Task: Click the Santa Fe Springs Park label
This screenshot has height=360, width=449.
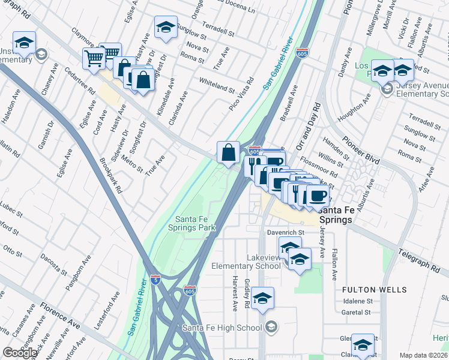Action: (x=195, y=223)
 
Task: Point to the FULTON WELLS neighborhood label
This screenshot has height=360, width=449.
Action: (x=366, y=290)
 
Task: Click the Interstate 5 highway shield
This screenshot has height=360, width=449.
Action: (x=155, y=280)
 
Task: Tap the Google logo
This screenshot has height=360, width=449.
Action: (x=20, y=353)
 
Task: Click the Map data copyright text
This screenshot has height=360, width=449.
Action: (x=423, y=355)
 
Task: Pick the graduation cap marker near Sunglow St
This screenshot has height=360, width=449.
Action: (x=166, y=27)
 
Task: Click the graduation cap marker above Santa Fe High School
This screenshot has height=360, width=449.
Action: (x=262, y=298)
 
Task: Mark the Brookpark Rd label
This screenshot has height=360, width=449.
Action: (x=112, y=175)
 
